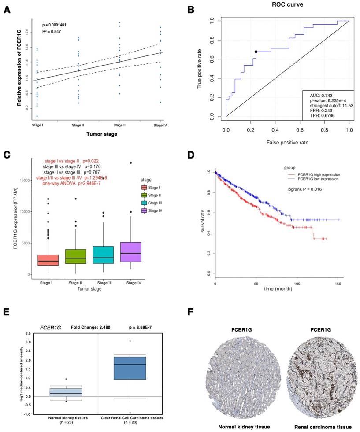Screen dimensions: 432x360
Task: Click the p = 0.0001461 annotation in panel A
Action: tap(54, 25)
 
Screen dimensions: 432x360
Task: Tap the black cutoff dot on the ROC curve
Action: tap(256, 52)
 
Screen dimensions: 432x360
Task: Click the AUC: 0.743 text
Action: tap(317, 95)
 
